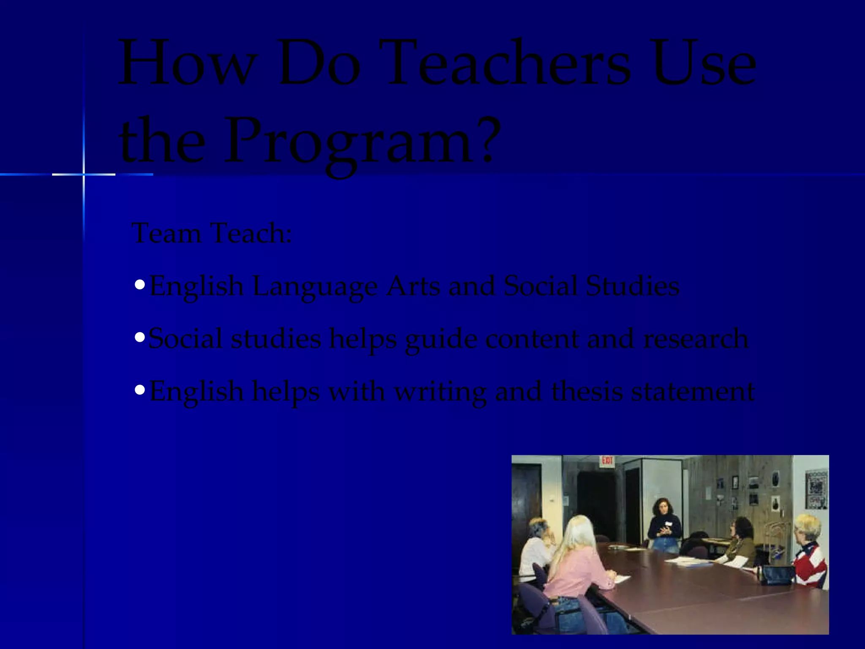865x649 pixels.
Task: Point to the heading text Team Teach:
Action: (x=212, y=233)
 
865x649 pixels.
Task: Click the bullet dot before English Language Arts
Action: (x=140, y=285)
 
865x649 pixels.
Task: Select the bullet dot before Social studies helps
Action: (x=140, y=337)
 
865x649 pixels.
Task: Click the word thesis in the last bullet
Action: (x=587, y=391)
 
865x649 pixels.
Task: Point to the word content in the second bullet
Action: (x=532, y=339)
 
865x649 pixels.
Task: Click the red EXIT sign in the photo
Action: (x=607, y=460)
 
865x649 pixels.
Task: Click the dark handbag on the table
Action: (x=777, y=575)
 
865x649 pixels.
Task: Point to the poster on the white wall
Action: (x=816, y=489)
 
